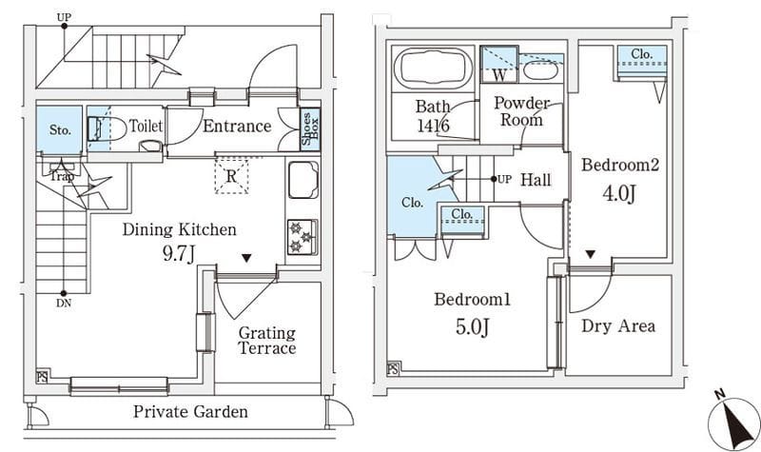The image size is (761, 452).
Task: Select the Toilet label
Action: pyautogui.click(x=146, y=125)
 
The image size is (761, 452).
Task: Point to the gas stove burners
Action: pyautogui.click(x=302, y=238)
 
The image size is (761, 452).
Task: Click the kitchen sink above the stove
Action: pyautogui.click(x=302, y=178)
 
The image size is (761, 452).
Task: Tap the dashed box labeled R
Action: pyautogui.click(x=231, y=176)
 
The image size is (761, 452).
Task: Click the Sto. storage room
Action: pyautogui.click(x=60, y=130)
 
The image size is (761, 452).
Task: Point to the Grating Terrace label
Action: pyautogui.click(x=266, y=341)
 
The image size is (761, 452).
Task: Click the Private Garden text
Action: pyautogui.click(x=190, y=412)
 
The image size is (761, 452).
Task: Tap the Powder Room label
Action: pyautogui.click(x=522, y=111)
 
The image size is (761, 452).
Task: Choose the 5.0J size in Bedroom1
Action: pyautogui.click(x=473, y=327)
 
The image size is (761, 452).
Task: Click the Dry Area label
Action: pyautogui.click(x=618, y=326)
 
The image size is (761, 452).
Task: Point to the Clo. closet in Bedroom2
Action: pyautogui.click(x=640, y=58)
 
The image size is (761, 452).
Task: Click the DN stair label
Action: pyautogui.click(x=64, y=305)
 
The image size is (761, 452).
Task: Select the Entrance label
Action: pyautogui.click(x=237, y=126)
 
